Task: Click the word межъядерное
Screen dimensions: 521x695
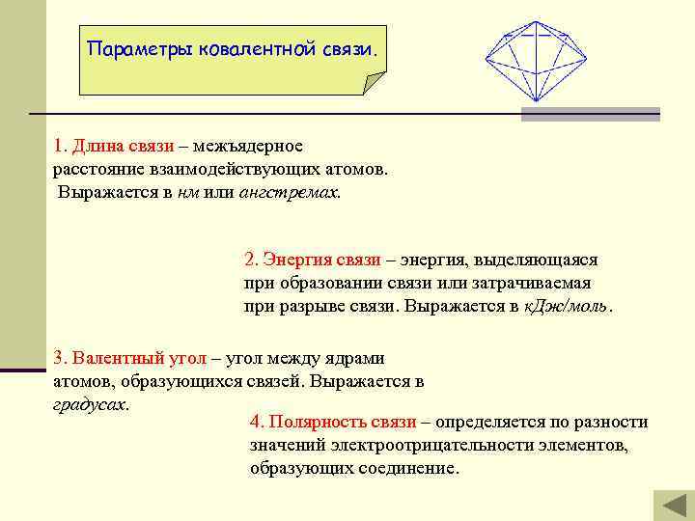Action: (x=247, y=146)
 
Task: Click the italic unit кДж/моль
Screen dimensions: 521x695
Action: (x=566, y=306)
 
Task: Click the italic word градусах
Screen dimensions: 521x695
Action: (x=89, y=404)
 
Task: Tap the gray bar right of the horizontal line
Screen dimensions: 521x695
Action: (x=590, y=114)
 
